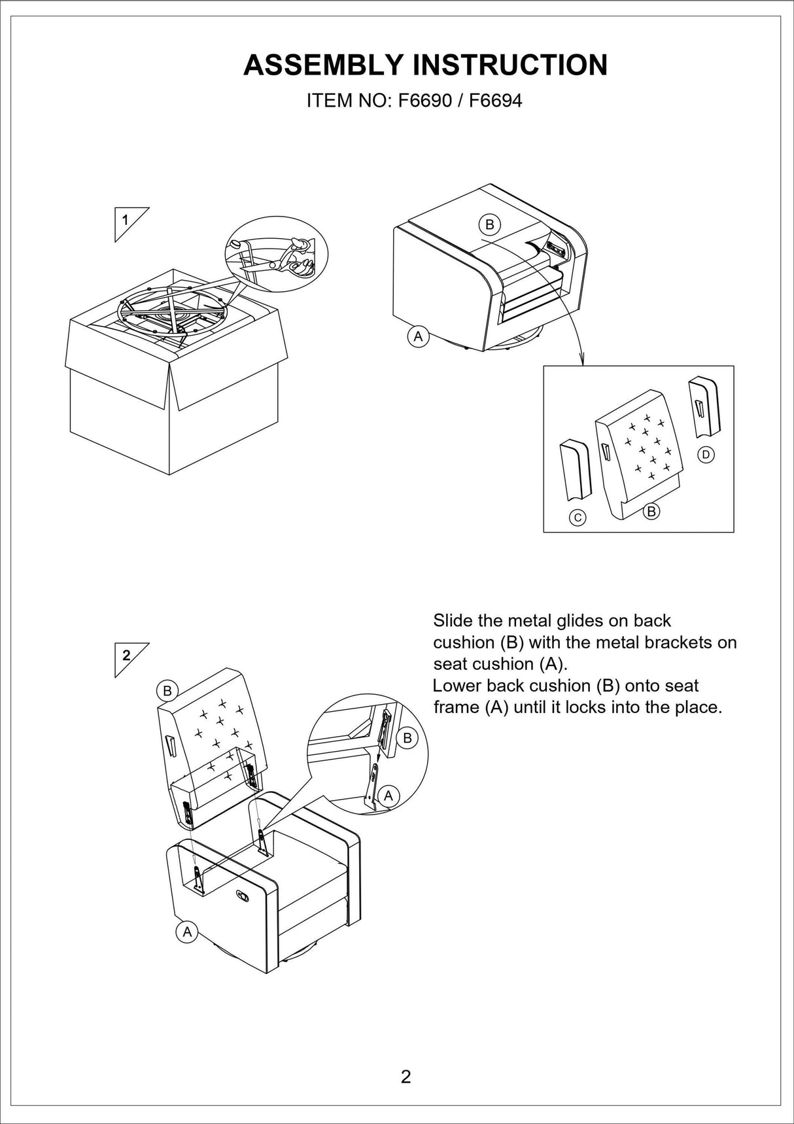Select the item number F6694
(x=496, y=101)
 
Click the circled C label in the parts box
(x=578, y=518)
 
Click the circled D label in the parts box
(x=706, y=454)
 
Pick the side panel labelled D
(x=704, y=406)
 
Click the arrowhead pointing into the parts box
(x=582, y=359)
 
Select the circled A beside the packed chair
(x=417, y=337)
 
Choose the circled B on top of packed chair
(x=489, y=224)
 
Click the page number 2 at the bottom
(x=406, y=1077)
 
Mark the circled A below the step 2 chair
(x=187, y=932)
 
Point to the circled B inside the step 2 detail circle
(x=407, y=738)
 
